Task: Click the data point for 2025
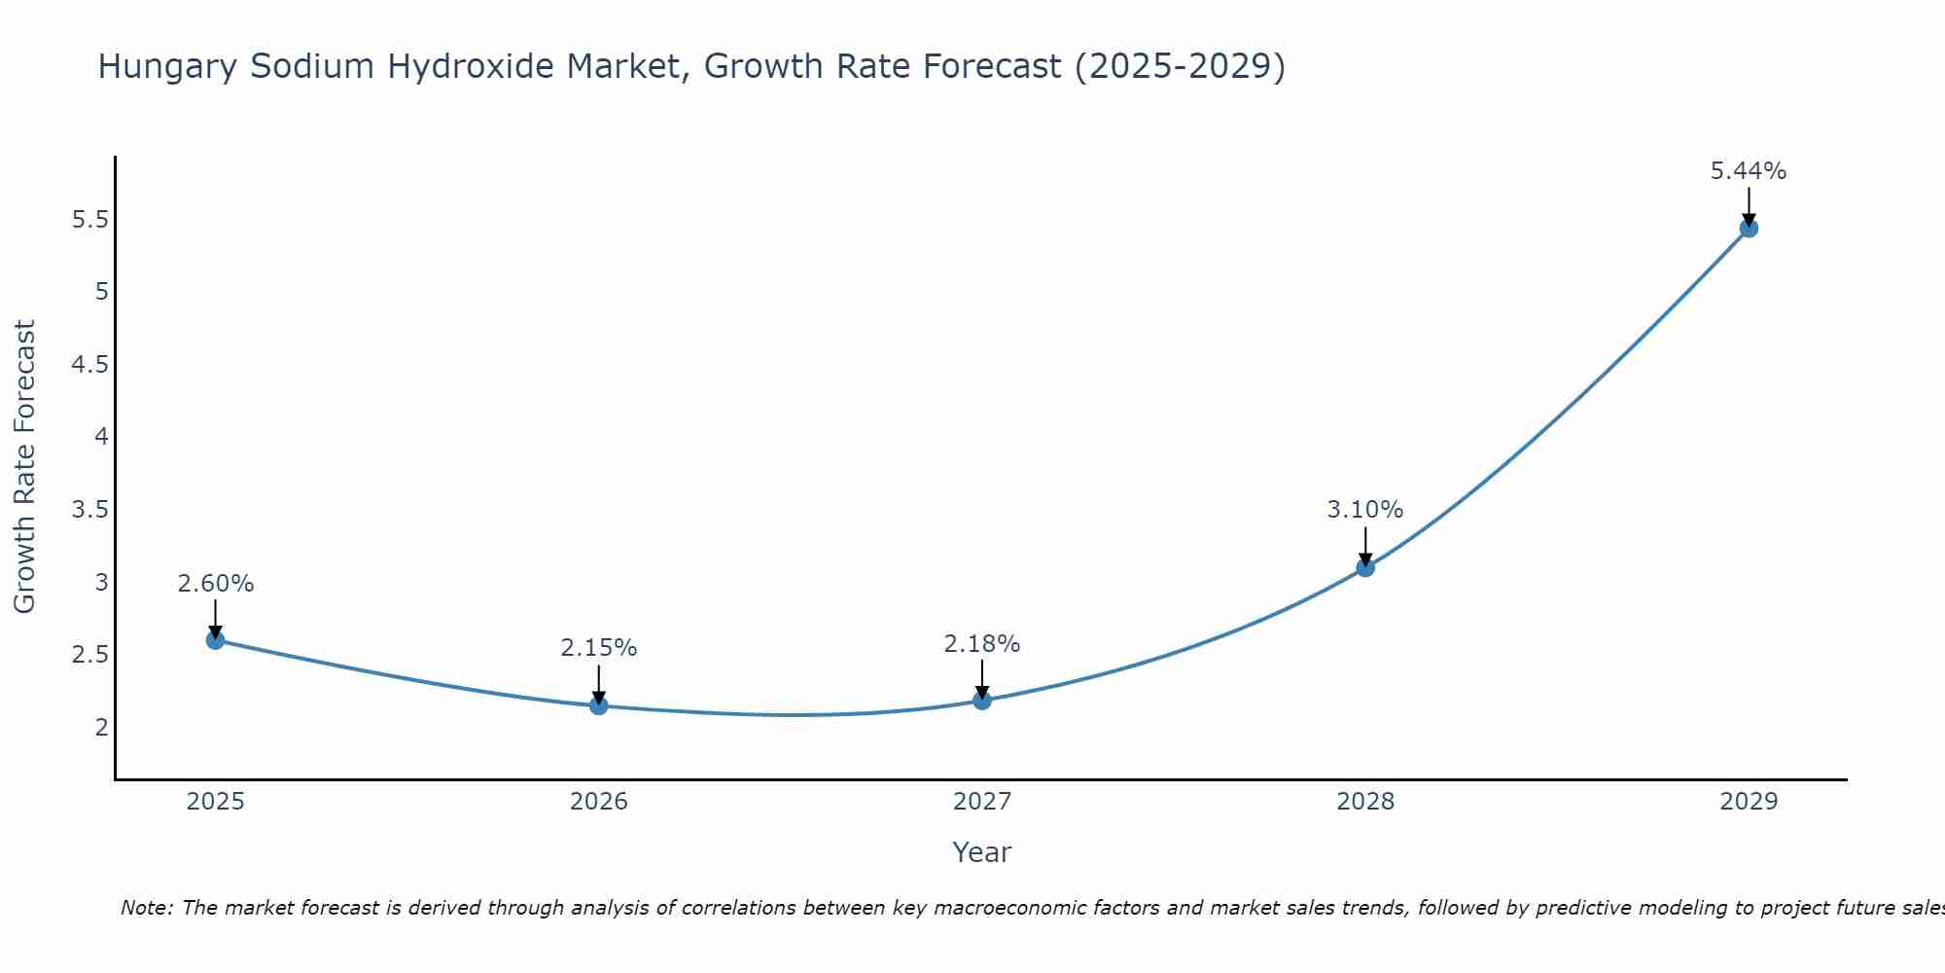pyautogui.click(x=215, y=640)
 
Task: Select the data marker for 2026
pyautogui.click(x=598, y=705)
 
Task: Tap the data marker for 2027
pyautogui.click(x=981, y=701)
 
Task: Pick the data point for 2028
pyautogui.click(x=1364, y=567)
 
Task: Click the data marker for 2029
pyautogui.click(x=1748, y=229)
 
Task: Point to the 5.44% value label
pyautogui.click(x=1748, y=171)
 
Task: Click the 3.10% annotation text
pyautogui.click(x=1364, y=510)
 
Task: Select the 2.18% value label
pyautogui.click(x=981, y=644)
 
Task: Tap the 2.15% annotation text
pyautogui.click(x=598, y=648)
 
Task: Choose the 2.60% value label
pyautogui.click(x=215, y=584)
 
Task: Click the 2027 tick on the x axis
pyautogui.click(x=981, y=802)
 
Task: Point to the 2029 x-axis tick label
pyautogui.click(x=1748, y=802)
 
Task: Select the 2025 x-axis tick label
pyautogui.click(x=215, y=802)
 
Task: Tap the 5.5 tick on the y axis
pyautogui.click(x=89, y=220)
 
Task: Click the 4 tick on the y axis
pyautogui.click(x=101, y=437)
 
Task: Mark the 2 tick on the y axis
pyautogui.click(x=101, y=727)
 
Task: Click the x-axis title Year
pyautogui.click(x=981, y=852)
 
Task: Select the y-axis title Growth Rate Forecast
pyautogui.click(x=24, y=467)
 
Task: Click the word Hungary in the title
pyautogui.click(x=167, y=66)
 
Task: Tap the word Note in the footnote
pyautogui.click(x=145, y=908)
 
